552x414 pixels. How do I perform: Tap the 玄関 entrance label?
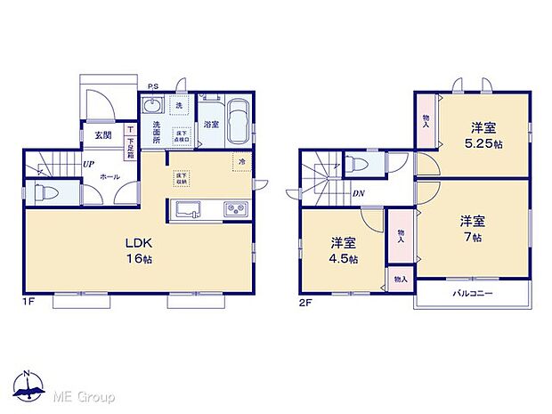point(102,135)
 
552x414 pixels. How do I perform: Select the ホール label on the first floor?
point(110,177)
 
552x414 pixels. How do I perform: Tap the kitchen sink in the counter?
point(189,209)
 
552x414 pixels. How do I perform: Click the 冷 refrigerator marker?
point(241,161)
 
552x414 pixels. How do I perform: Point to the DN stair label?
point(356,193)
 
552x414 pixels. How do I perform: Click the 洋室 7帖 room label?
point(472,228)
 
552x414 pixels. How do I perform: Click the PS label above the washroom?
point(153,86)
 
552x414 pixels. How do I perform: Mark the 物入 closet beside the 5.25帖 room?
point(426,121)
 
